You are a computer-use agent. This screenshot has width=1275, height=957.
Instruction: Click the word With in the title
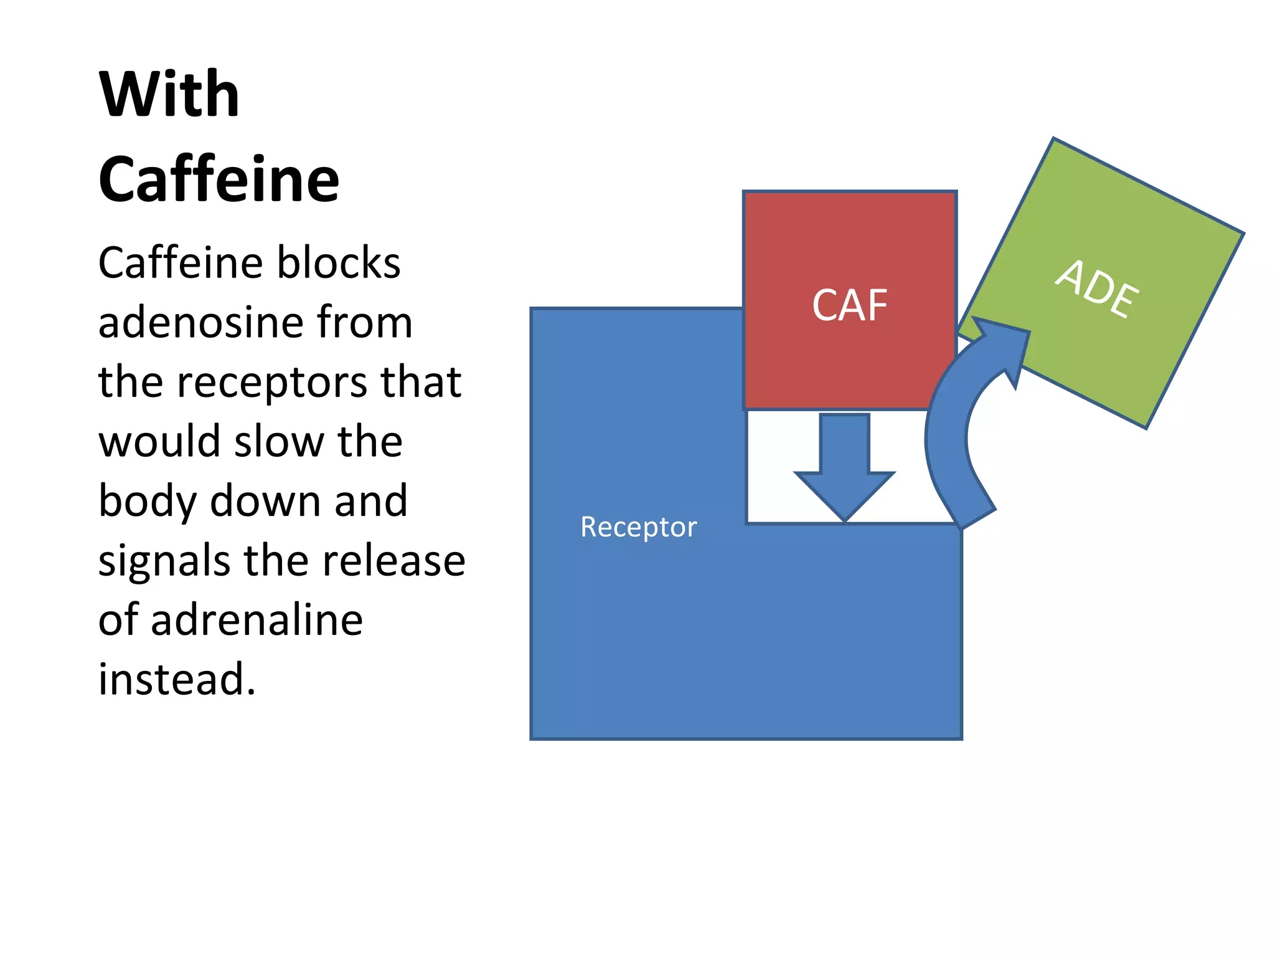169,95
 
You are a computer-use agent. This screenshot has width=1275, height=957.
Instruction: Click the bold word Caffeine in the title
219,180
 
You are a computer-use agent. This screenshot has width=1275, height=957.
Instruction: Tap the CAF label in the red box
849,305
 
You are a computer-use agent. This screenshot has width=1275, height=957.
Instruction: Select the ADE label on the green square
1098,288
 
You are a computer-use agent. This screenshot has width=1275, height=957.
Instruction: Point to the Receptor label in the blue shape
638,527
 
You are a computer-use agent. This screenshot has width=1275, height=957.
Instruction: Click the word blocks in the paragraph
339,262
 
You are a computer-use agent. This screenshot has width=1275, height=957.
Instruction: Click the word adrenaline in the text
256,621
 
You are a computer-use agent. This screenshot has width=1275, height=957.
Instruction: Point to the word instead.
177,680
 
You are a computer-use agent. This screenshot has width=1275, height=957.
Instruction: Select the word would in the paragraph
159,441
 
